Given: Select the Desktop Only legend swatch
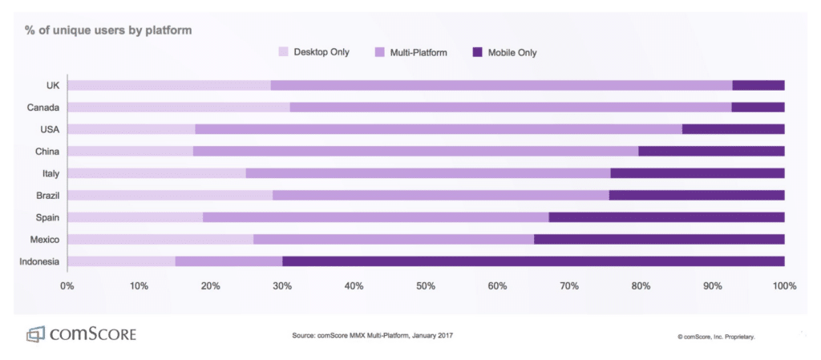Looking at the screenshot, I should coord(283,53).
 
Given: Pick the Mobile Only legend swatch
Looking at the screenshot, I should coord(478,53).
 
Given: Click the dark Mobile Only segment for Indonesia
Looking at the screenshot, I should coord(533,261).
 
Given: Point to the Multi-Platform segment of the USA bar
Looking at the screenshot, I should coord(439,129).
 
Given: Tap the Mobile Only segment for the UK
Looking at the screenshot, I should coord(758,85).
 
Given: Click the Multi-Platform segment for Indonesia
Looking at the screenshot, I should coord(229,261).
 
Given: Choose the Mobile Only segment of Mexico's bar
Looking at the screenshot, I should coord(659,239).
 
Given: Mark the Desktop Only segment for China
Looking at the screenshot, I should coord(131,151).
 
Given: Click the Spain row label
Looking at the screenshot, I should coord(48,216).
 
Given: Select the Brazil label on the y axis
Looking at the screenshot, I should coord(47,195).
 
